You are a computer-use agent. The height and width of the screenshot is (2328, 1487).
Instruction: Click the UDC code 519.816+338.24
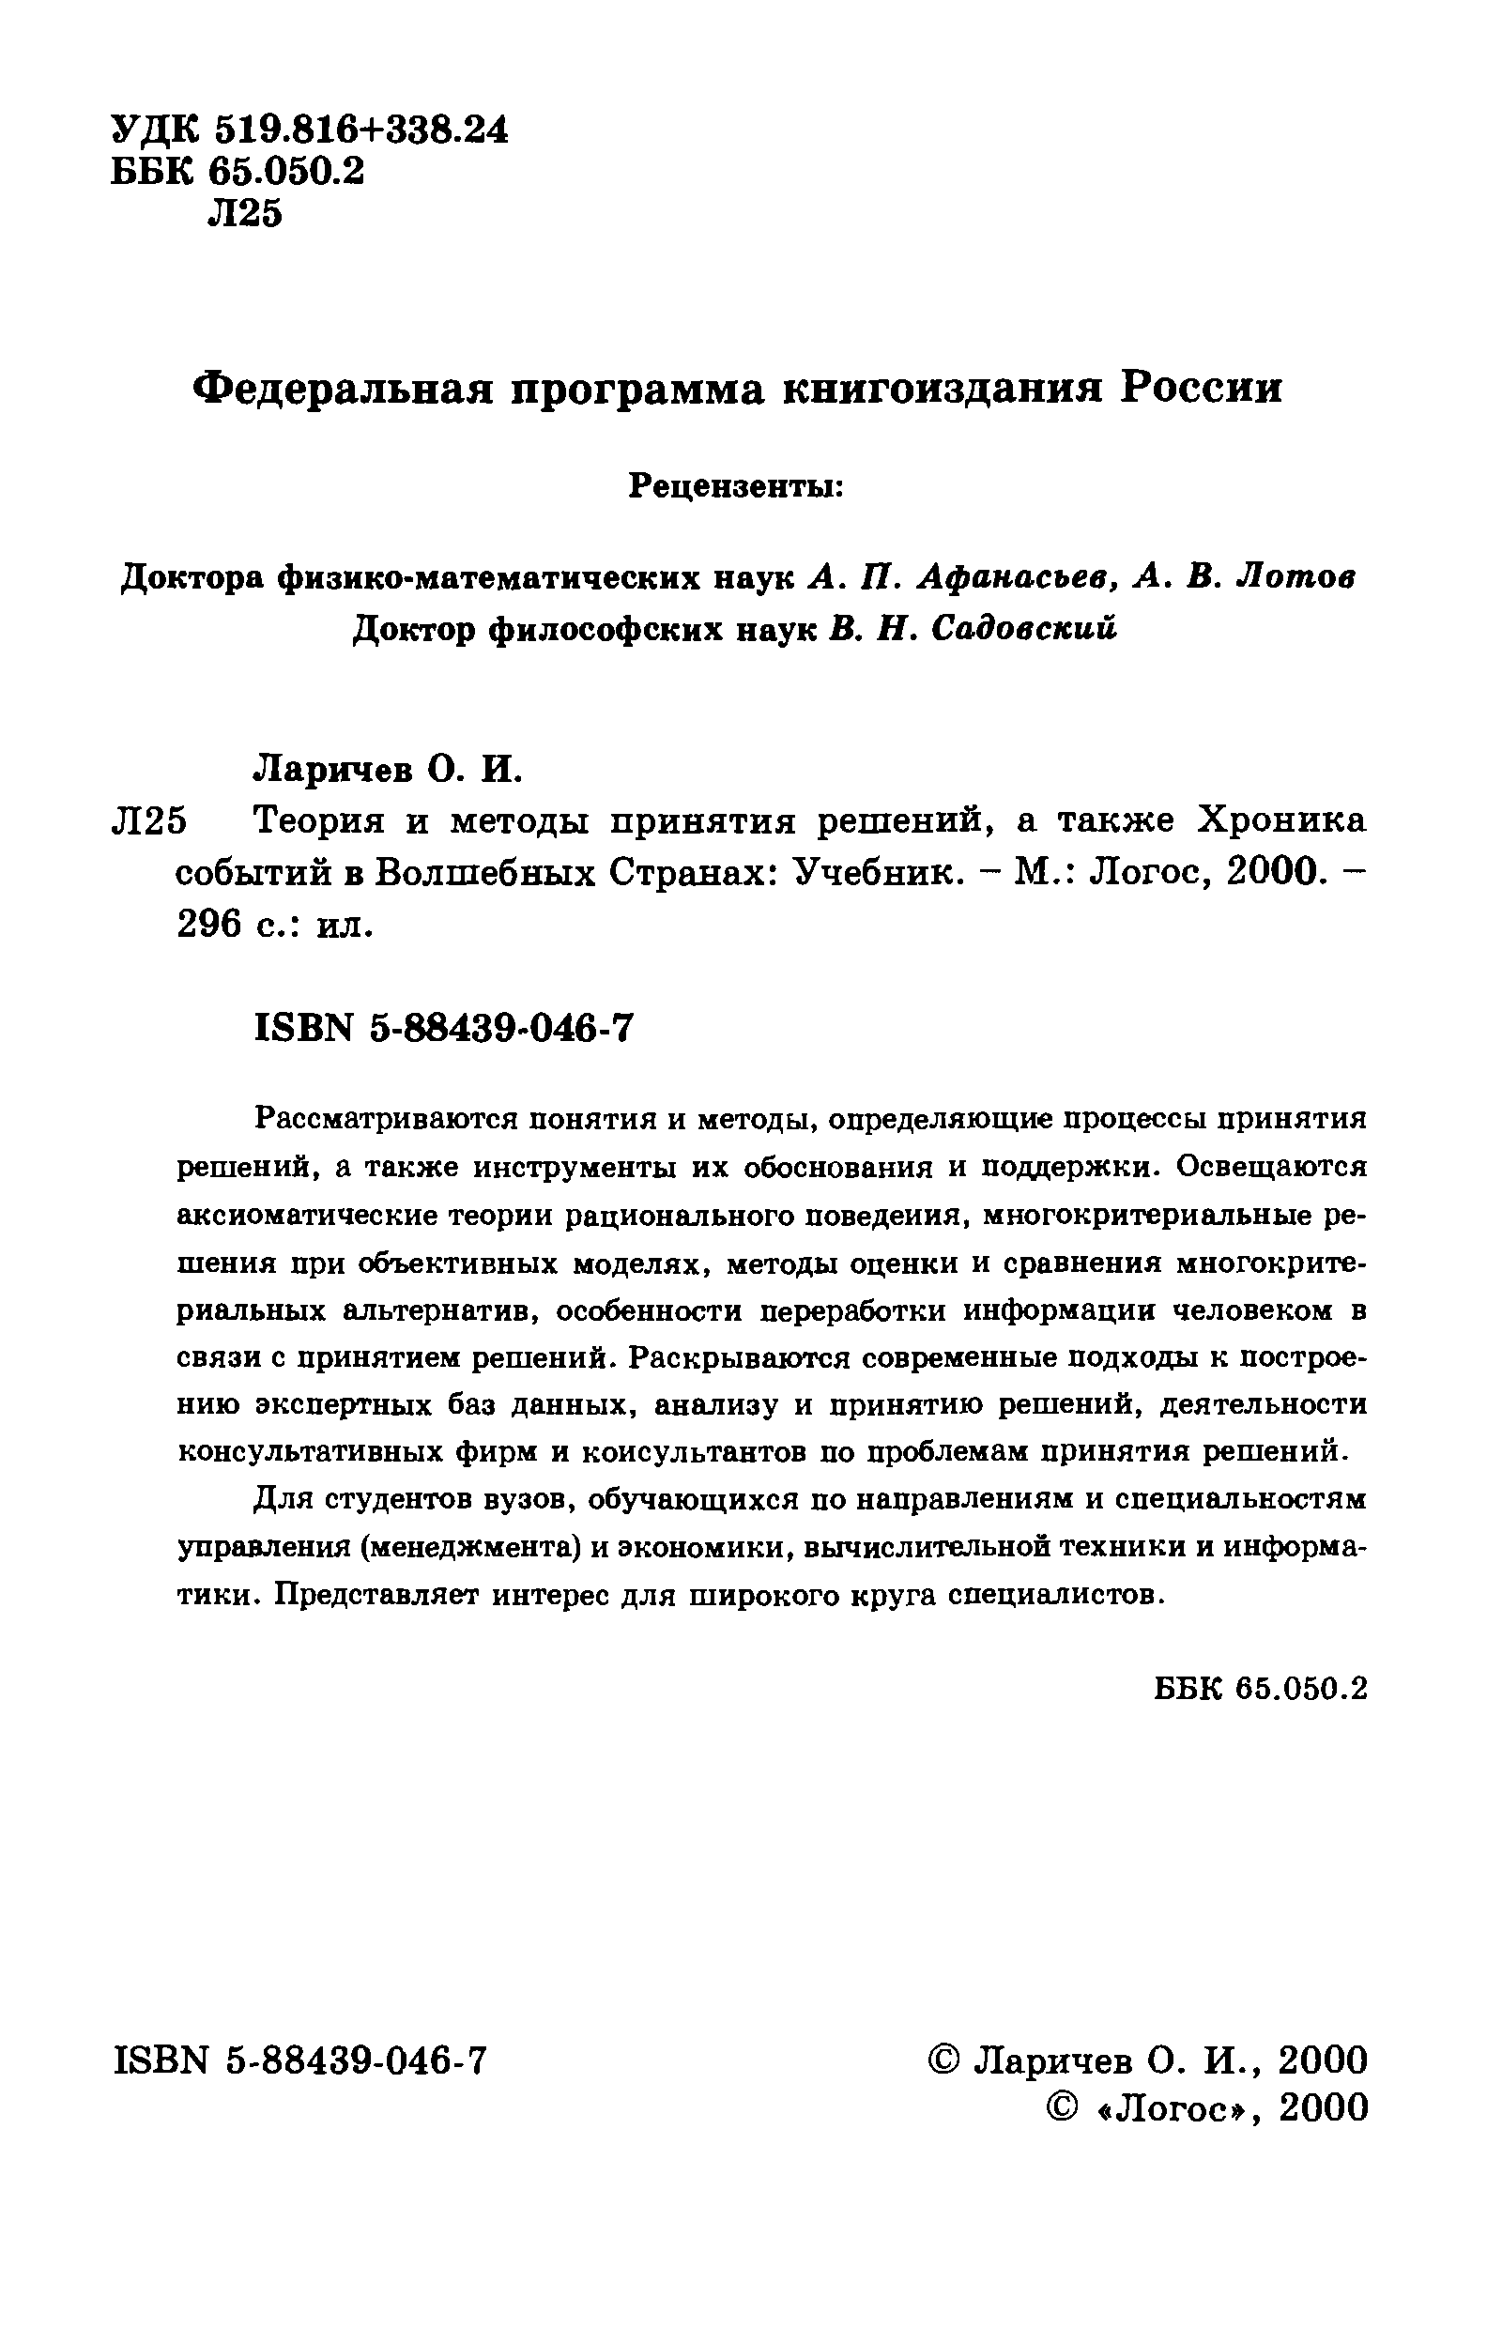360,129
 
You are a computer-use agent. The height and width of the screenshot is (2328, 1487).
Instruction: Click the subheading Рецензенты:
737,484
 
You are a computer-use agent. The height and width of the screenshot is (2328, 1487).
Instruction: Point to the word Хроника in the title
1282,820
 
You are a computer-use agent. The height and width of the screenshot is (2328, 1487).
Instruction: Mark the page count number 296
208,926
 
